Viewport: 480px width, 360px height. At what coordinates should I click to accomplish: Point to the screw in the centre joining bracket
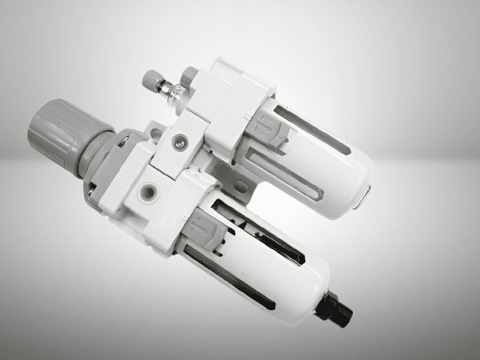[177, 144]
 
